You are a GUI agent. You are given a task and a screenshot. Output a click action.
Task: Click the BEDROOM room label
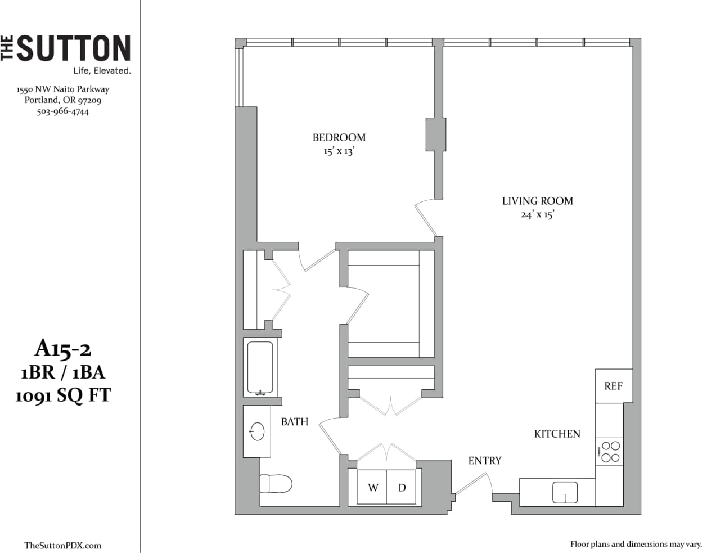339,137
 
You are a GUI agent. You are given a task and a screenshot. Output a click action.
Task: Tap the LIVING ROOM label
537,201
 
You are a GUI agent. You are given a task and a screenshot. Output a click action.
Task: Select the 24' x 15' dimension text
537,214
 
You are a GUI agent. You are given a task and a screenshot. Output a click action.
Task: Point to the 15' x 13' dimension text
339,151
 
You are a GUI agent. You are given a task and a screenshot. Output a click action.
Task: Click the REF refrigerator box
613,386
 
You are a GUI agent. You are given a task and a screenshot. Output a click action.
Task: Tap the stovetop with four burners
610,452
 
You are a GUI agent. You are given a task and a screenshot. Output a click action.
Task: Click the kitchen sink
565,492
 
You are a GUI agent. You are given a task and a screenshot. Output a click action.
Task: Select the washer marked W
372,488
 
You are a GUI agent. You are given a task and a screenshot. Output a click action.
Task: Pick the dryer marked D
402,488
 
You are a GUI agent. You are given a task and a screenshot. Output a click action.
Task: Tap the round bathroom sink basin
257,431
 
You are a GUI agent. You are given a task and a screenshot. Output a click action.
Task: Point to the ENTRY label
484,461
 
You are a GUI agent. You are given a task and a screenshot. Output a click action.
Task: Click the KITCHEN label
557,434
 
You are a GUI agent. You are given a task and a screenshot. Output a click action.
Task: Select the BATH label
295,421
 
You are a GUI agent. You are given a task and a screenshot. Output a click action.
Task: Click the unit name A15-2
62,349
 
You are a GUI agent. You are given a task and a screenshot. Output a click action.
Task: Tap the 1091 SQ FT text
62,395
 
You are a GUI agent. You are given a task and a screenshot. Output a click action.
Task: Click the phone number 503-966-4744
62,111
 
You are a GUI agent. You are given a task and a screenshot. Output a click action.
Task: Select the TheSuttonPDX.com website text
62,545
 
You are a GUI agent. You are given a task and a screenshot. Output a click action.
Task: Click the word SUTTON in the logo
74,49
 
